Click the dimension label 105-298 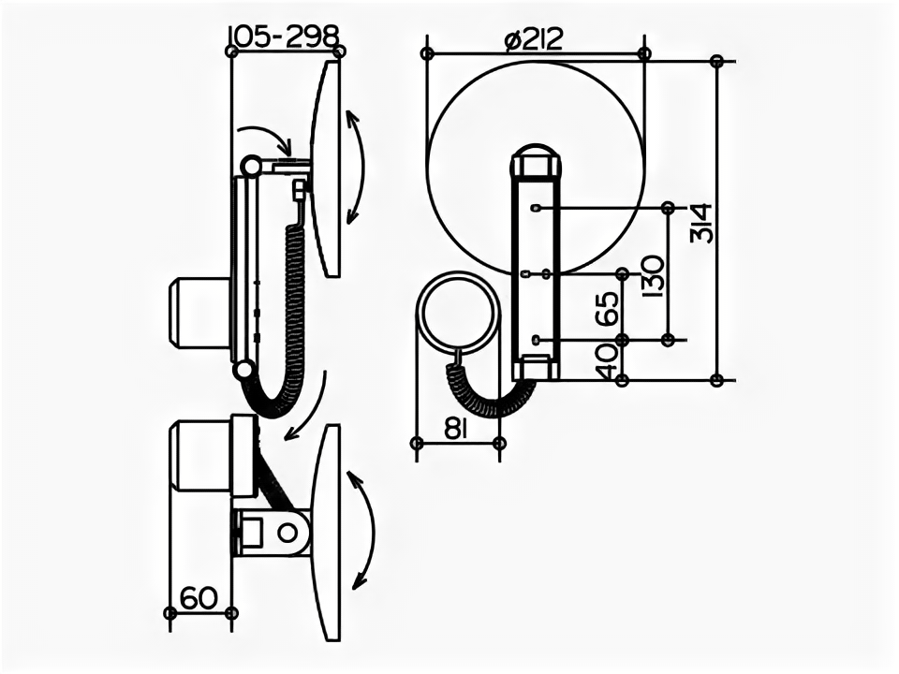coord(283,36)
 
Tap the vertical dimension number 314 coord(701,222)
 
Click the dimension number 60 coord(199,597)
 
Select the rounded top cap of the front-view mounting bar coord(535,161)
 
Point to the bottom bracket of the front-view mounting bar coord(535,367)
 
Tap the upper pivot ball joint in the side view coord(250,166)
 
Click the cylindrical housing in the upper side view coord(199,313)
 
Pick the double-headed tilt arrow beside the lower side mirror coord(361,529)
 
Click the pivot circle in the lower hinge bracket coord(288,532)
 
